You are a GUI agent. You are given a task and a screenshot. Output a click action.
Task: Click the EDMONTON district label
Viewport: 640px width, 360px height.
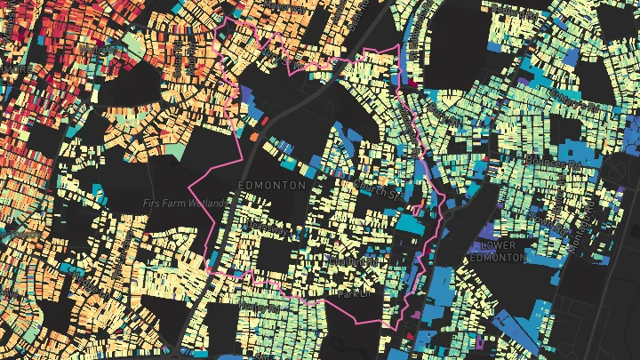coord(272,185)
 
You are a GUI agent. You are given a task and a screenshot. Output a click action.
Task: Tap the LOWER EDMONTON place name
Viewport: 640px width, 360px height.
coord(502,251)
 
